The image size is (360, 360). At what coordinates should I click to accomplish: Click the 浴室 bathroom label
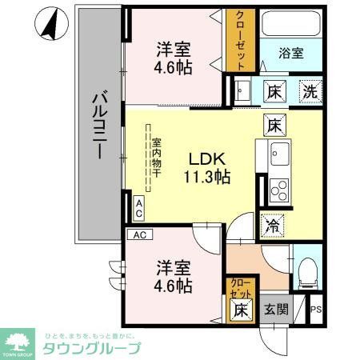290,54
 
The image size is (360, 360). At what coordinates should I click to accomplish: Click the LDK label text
206,158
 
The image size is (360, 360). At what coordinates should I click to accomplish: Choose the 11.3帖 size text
206,178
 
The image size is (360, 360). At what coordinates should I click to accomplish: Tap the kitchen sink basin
280,152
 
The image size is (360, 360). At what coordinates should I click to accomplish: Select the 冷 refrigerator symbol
273,226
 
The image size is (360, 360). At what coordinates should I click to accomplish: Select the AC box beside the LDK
138,210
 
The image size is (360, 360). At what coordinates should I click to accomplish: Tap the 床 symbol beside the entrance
239,310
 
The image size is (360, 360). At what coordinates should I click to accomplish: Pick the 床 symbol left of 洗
273,91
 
